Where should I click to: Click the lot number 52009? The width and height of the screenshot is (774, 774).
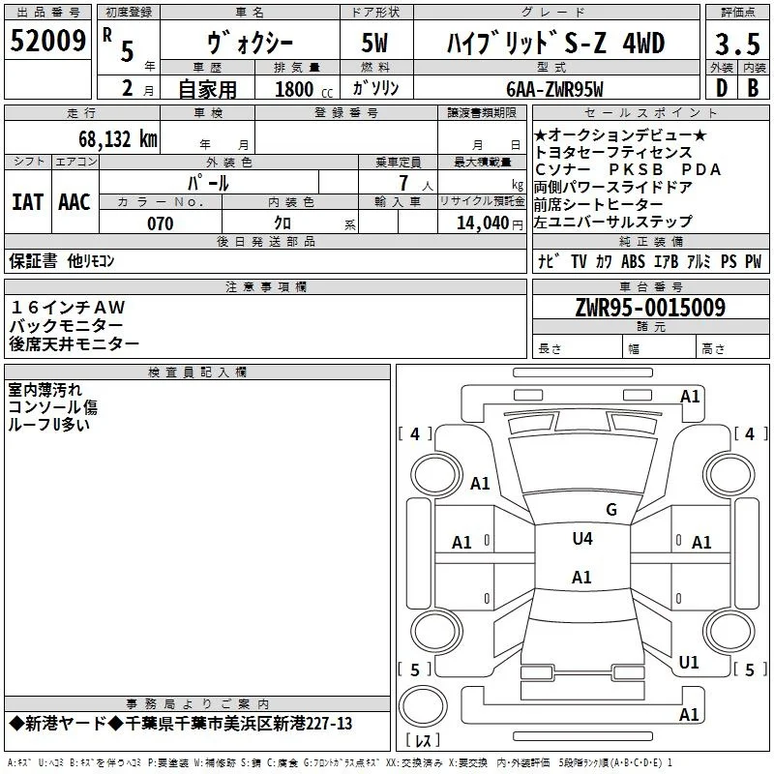(x=47, y=41)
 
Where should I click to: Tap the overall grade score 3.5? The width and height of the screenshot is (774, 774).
(x=737, y=44)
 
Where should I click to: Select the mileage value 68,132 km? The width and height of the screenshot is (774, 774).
(x=118, y=139)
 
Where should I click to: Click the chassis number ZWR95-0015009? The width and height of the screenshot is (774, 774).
(x=650, y=308)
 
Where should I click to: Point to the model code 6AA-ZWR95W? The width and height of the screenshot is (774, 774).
(x=554, y=89)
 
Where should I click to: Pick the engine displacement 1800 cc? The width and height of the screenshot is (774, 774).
(x=304, y=90)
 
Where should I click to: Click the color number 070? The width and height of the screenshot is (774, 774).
(x=161, y=223)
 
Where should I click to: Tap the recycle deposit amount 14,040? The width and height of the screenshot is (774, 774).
(x=483, y=223)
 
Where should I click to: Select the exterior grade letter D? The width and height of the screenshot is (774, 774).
(x=722, y=88)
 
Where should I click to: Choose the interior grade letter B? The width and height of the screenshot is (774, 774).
(x=753, y=88)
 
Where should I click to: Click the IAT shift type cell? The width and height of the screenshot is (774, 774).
(x=28, y=202)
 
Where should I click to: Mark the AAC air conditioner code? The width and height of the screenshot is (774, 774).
(x=74, y=202)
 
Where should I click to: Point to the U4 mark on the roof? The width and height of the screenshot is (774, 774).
(x=582, y=538)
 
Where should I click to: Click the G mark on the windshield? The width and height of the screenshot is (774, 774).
(x=611, y=510)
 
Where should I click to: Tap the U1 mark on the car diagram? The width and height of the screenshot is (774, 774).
(x=689, y=663)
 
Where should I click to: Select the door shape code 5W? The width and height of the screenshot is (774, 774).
(x=374, y=43)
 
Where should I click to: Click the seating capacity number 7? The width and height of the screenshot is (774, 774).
(x=403, y=183)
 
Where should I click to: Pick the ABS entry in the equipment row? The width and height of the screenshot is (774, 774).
(x=633, y=261)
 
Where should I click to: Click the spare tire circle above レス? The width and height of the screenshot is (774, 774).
(x=423, y=705)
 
